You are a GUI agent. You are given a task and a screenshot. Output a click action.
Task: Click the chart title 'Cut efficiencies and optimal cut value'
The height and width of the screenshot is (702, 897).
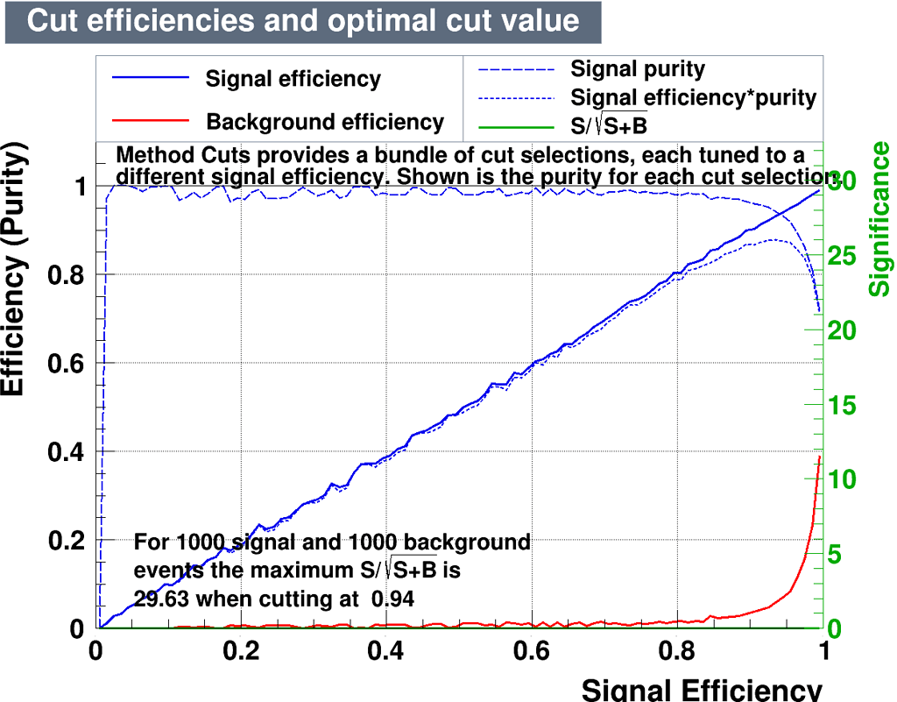pyautogui.click(x=303, y=21)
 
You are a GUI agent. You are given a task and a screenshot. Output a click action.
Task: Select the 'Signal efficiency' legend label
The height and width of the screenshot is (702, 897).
pyautogui.click(x=293, y=79)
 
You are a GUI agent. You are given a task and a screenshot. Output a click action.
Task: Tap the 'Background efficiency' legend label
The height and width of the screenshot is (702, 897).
pyautogui.click(x=325, y=122)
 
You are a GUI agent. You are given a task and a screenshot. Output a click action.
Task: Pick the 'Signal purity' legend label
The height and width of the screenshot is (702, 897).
pyautogui.click(x=637, y=68)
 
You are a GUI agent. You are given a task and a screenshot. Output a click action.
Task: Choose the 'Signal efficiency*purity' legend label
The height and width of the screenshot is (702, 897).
pyautogui.click(x=693, y=97)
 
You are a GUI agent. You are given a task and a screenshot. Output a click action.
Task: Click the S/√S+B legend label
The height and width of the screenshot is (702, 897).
pyautogui.click(x=609, y=126)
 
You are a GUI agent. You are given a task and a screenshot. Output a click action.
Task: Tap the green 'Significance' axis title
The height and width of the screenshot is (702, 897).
pyautogui.click(x=879, y=219)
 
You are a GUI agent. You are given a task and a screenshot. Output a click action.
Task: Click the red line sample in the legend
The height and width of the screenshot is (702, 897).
pyautogui.click(x=151, y=120)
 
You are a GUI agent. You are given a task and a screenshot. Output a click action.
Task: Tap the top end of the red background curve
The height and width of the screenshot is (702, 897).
pyautogui.click(x=820, y=457)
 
